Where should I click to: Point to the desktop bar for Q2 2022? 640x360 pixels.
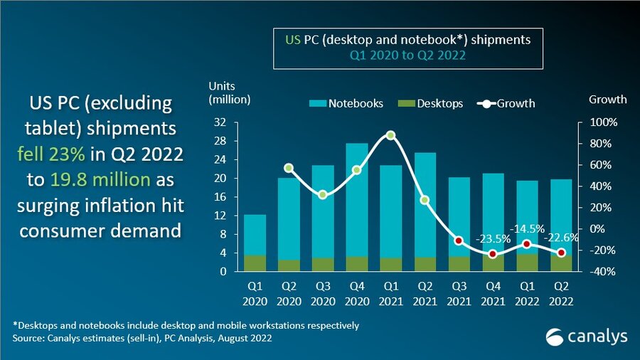point(561,263)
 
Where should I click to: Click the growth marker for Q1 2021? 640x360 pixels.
point(390,135)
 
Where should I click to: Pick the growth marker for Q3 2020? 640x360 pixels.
point(323,194)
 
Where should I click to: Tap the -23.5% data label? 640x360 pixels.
point(494,239)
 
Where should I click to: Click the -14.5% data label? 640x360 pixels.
point(527,229)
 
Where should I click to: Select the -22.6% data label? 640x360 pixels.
point(560,238)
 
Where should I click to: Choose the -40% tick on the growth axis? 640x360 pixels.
point(602,272)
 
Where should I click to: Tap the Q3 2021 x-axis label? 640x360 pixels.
point(459,293)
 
